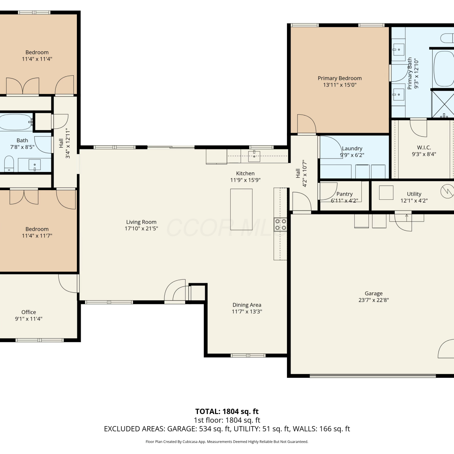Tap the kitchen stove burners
281,225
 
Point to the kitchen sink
254,156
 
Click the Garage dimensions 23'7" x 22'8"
373,300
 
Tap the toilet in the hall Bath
9,164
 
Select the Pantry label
344,194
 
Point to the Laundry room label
352,148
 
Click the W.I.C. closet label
424,147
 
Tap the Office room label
29,312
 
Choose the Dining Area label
247,305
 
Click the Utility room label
414,194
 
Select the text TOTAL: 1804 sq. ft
227,411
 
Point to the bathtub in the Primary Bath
444,69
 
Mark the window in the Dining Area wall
248,355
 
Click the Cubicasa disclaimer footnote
227,442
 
